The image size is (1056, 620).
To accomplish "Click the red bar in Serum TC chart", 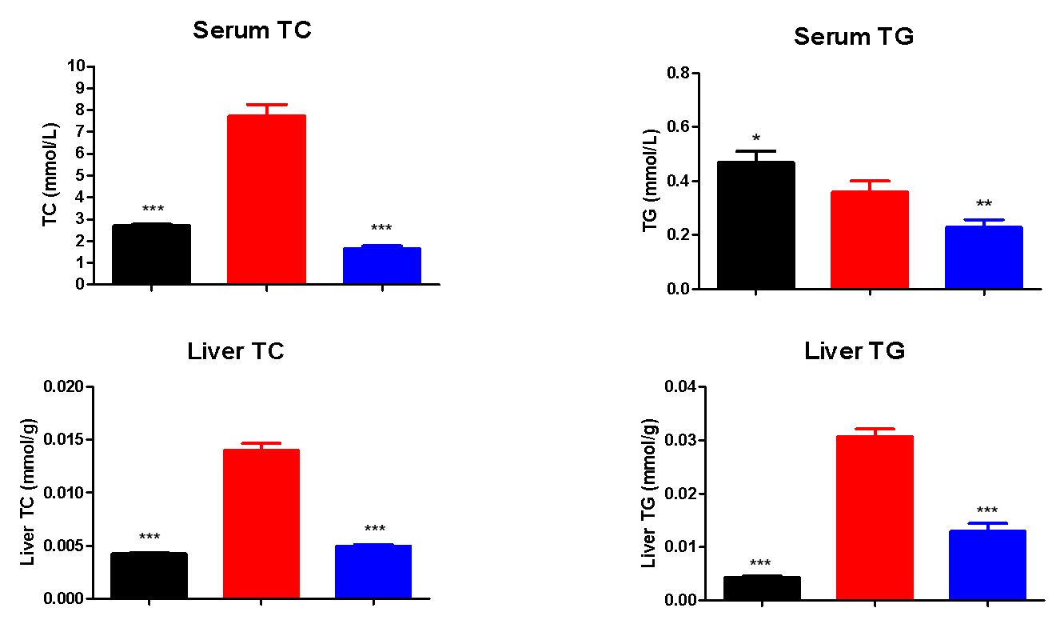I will tap(266, 199).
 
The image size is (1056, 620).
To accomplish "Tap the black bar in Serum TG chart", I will tap(755, 225).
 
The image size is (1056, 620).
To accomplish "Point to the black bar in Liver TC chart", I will tap(149, 575).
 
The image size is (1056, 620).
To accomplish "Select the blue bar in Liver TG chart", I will tap(986, 565).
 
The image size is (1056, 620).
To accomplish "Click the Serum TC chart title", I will tap(252, 31).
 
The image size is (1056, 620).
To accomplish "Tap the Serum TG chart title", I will tap(853, 37).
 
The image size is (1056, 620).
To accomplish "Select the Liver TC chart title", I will tap(236, 351).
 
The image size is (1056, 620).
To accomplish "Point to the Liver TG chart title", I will tap(855, 351).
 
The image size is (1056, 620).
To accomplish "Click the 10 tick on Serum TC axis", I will tap(78, 66).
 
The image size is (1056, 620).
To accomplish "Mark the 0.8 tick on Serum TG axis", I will tap(679, 74).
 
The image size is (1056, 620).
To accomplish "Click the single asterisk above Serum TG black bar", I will tap(755, 138).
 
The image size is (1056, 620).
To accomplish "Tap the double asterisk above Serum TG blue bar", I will tap(983, 203).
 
